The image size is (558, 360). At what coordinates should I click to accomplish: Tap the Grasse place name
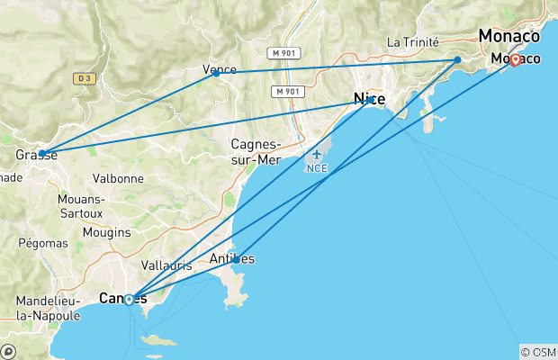pyautogui.click(x=36, y=156)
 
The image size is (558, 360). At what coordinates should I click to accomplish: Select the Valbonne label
pyautogui.click(x=117, y=178)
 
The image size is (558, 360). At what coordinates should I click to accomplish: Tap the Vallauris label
pyautogui.click(x=166, y=265)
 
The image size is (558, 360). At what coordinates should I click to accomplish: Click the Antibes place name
pyautogui.click(x=231, y=259)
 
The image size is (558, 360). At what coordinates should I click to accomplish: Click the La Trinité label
pyautogui.click(x=412, y=41)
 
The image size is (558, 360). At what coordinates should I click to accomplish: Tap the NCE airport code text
pyautogui.click(x=317, y=168)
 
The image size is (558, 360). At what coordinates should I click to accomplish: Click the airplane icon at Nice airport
pyautogui.click(x=317, y=155)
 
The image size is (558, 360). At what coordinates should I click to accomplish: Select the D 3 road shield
pyautogui.click(x=85, y=78)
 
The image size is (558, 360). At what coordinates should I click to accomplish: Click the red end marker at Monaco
pyautogui.click(x=515, y=59)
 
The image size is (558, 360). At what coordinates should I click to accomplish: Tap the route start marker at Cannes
pyautogui.click(x=129, y=299)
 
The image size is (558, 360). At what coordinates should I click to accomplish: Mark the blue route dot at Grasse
pyautogui.click(x=42, y=153)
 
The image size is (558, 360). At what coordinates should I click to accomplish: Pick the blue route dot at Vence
pyautogui.click(x=216, y=73)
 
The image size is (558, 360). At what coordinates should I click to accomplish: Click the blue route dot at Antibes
pyautogui.click(x=236, y=260)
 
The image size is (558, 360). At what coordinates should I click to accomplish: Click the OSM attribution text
pyautogui.click(x=538, y=352)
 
